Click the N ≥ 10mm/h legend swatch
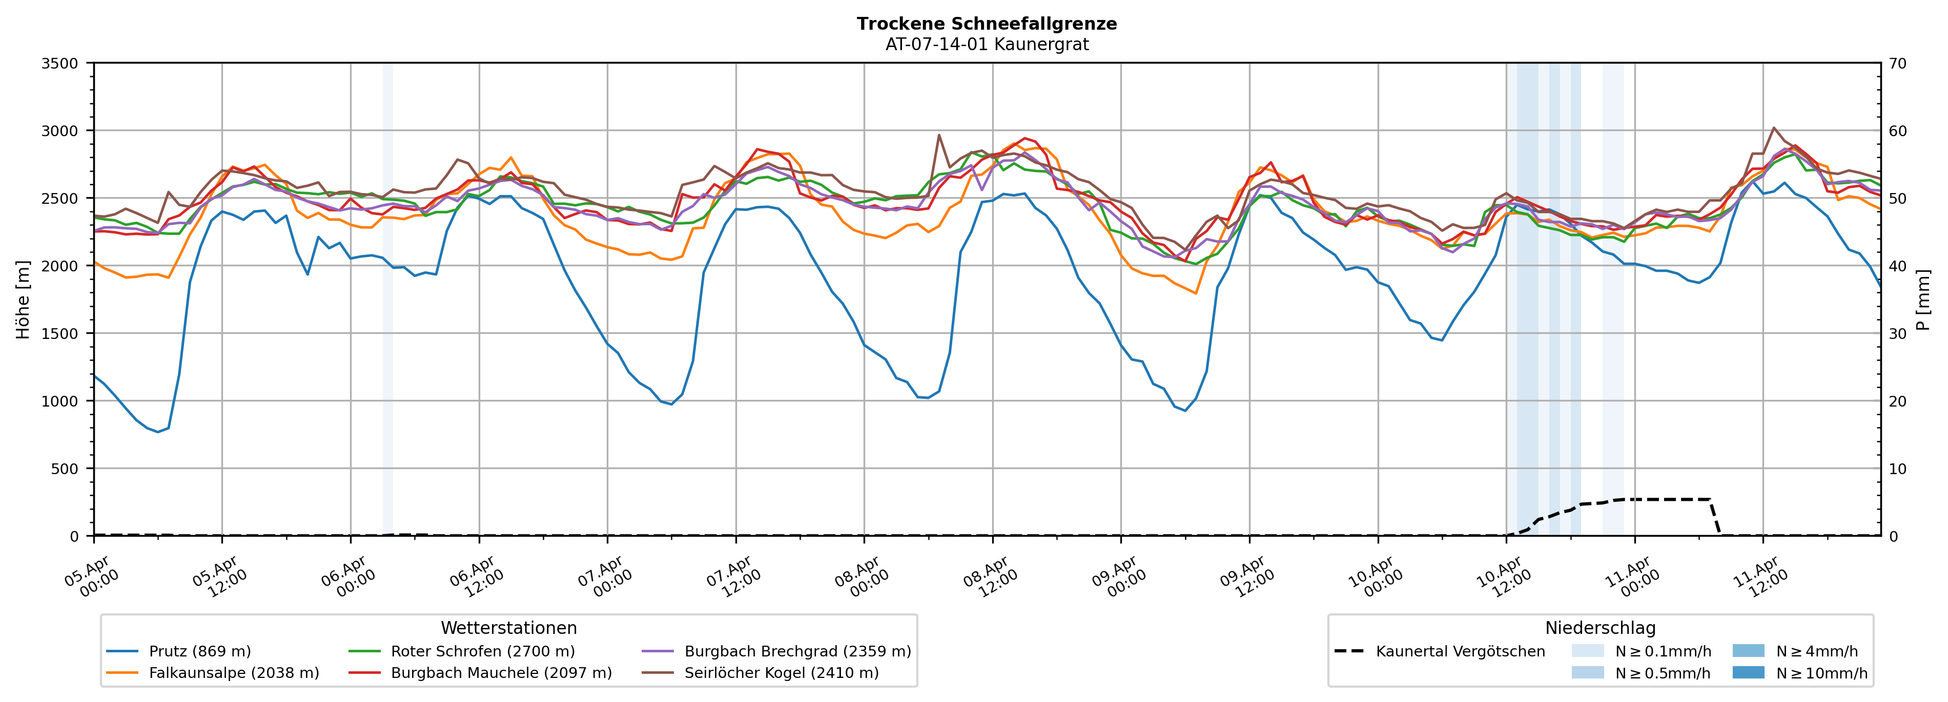[x=1748, y=672]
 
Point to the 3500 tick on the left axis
[x=60, y=63]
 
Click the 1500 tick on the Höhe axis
[x=60, y=333]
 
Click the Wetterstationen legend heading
[x=508, y=628]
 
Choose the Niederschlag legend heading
[x=1600, y=628]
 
